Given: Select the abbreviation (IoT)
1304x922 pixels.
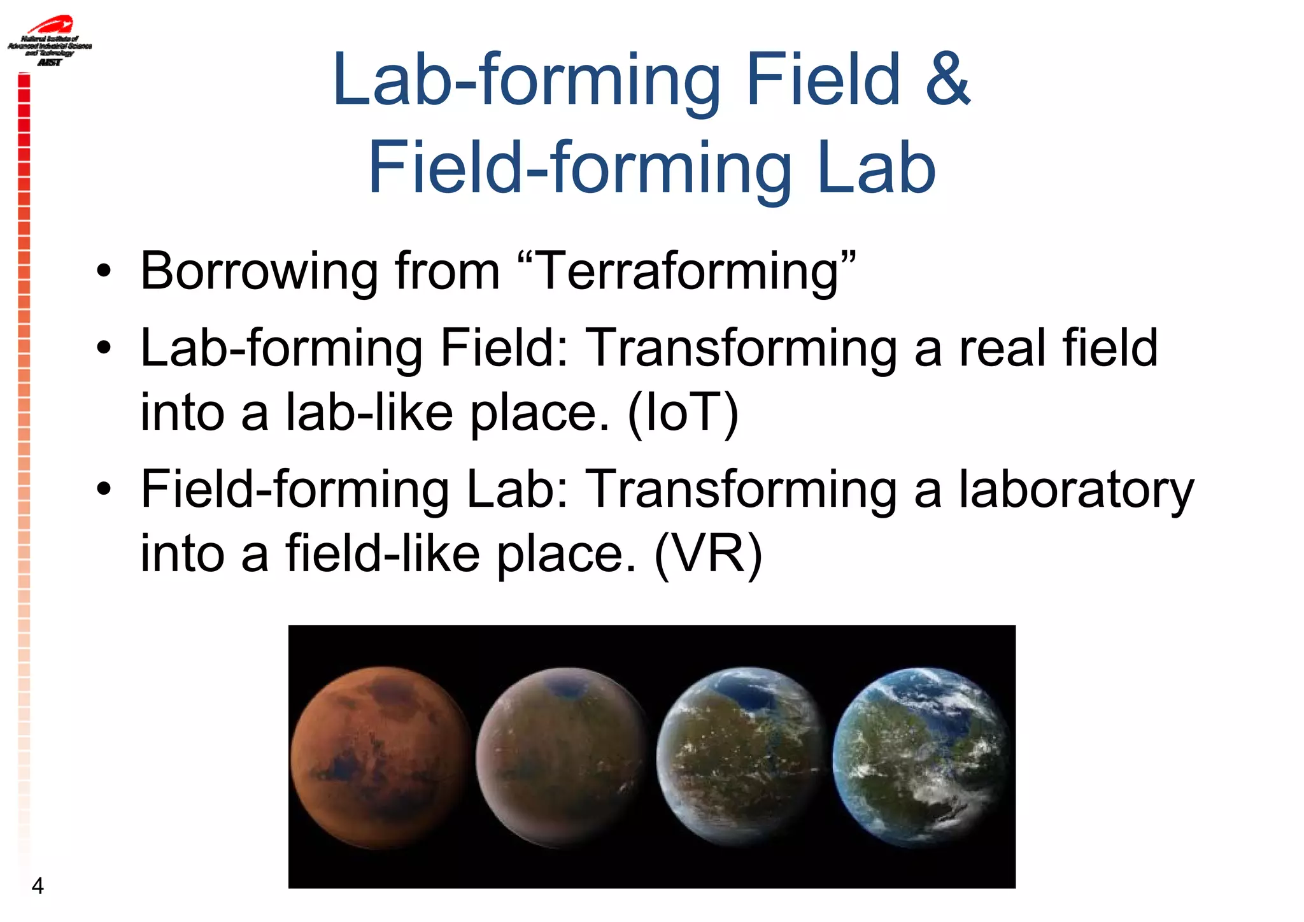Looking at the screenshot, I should click(x=683, y=413).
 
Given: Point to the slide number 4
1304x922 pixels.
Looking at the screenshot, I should click(x=38, y=886).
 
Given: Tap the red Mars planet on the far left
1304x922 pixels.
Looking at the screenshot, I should click(x=381, y=758).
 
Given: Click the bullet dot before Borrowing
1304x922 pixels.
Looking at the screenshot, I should click(x=104, y=273).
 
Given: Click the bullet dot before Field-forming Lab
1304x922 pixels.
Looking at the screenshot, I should click(x=104, y=490).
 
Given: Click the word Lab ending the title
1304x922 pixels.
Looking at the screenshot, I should click(x=876, y=169).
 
